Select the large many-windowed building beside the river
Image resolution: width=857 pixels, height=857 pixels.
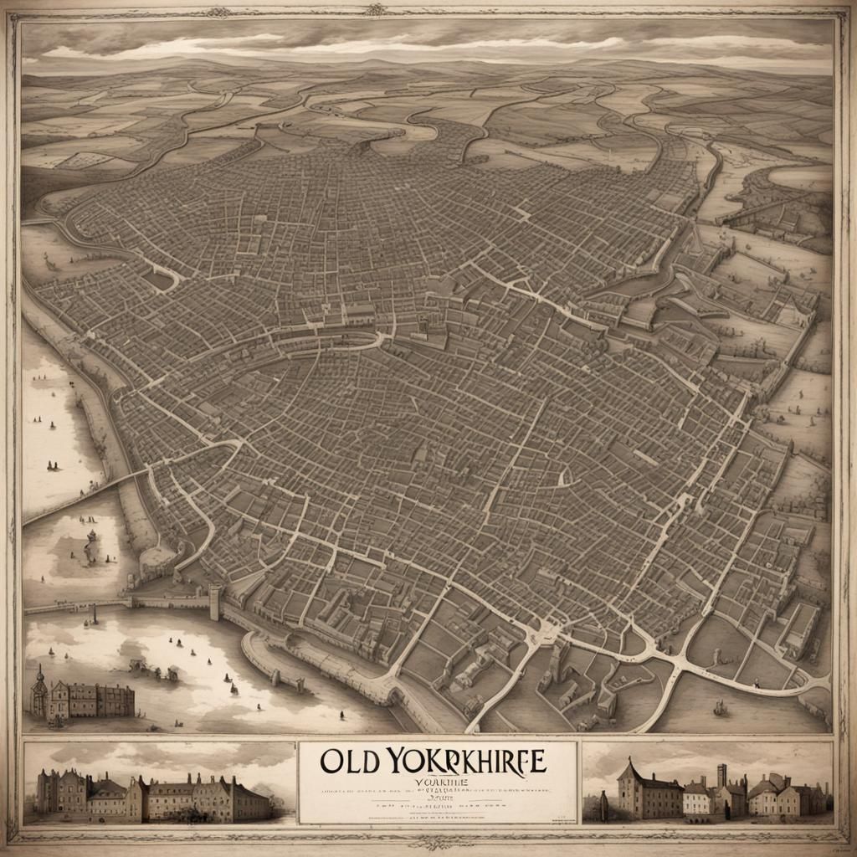[94, 699]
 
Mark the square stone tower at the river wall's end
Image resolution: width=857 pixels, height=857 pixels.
[215, 601]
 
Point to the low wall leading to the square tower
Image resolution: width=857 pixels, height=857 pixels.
[172, 601]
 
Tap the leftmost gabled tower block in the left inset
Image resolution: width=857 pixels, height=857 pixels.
[50, 793]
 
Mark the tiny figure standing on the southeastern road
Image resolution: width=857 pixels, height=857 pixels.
[756, 683]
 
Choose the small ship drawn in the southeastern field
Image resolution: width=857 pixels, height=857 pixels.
[718, 710]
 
